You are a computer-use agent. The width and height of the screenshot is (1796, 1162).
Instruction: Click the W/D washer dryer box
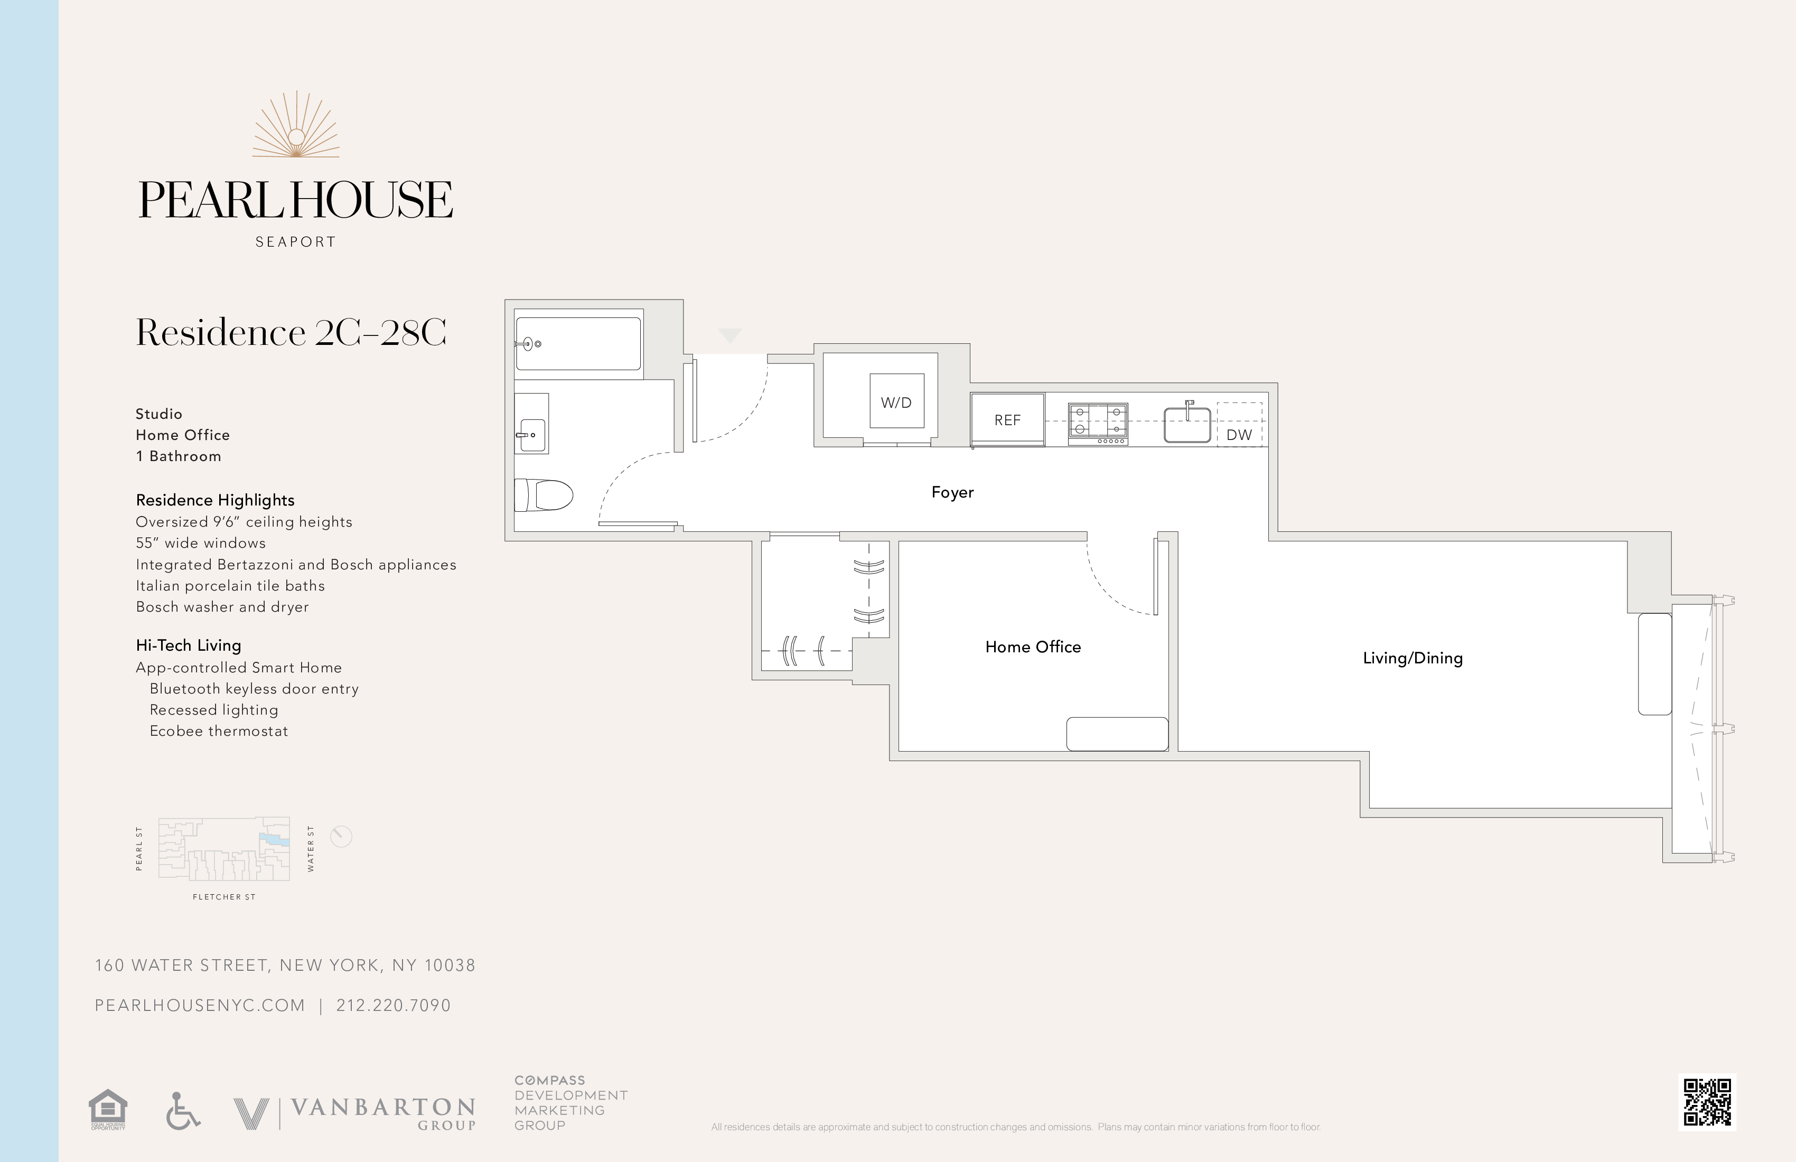click(896, 401)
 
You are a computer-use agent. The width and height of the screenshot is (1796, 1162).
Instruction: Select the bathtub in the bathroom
click(578, 343)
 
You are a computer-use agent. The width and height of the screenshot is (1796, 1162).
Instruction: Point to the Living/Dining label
click(1412, 658)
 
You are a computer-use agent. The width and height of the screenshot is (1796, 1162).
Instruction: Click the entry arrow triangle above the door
click(729, 335)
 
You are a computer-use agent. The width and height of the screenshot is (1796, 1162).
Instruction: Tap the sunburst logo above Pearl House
click(296, 127)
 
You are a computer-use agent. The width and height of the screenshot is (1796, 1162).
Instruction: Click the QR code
click(1707, 1102)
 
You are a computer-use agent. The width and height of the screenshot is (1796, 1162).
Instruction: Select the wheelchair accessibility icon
click(182, 1111)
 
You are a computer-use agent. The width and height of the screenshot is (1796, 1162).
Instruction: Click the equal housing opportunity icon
click(108, 1109)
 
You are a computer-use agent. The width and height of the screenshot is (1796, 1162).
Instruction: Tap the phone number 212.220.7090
click(393, 1006)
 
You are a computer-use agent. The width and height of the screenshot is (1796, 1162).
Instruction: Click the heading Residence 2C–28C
click(291, 333)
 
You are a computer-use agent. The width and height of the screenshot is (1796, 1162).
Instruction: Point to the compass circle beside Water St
click(341, 836)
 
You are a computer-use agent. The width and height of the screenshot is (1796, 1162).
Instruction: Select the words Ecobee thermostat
click(218, 731)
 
